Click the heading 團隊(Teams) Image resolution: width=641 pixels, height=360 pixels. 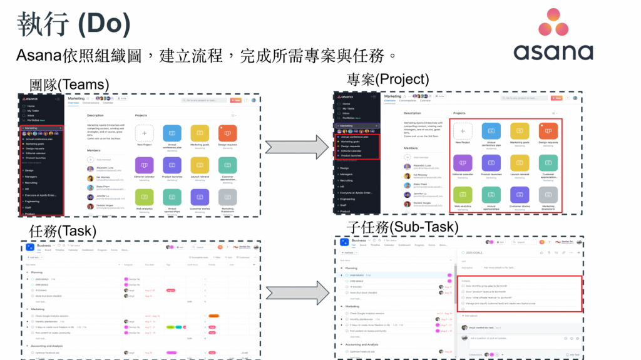point(69,84)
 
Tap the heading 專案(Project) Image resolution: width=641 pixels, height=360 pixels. point(387,79)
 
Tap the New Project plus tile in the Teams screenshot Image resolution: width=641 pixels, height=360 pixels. point(145,133)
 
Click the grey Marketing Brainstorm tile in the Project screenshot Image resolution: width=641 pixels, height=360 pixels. point(548,195)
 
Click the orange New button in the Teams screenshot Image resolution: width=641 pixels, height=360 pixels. point(235,100)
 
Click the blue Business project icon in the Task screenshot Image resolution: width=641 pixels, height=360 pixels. point(29,246)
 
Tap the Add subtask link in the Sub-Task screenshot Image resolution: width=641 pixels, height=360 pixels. point(470,316)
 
